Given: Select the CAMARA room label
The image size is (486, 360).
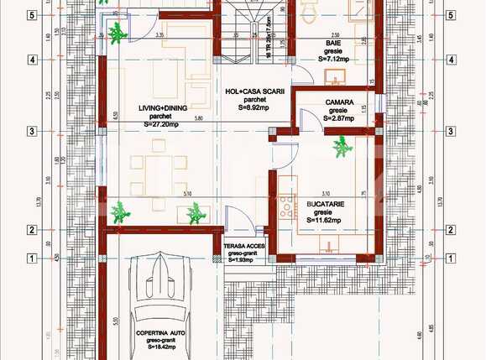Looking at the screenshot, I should pos(338,102).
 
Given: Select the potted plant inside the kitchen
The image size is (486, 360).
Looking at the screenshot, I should pos(341,149).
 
